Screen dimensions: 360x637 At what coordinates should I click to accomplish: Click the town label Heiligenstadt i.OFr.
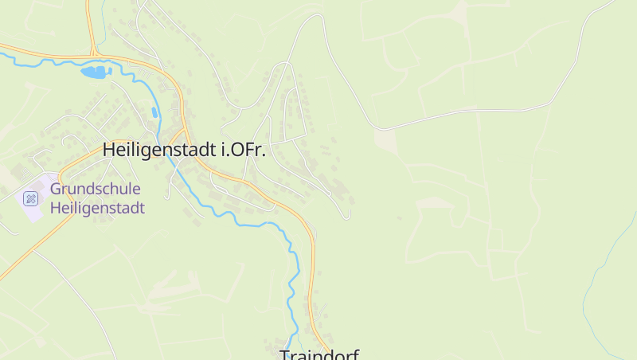tap(184, 150)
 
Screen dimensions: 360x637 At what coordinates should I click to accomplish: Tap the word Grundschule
tap(95, 190)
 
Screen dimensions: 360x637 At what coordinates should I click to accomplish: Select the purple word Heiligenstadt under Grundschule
tap(96, 209)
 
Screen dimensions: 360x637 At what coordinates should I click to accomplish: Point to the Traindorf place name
tap(319, 354)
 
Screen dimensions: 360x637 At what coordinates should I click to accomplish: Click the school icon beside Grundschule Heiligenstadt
tap(30, 198)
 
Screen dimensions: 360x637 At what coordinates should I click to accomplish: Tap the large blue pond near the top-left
tap(95, 72)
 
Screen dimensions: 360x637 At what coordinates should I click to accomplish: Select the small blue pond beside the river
tap(154, 112)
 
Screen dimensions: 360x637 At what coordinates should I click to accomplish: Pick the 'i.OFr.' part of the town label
tap(242, 150)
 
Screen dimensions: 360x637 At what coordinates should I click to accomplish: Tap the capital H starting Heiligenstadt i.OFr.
tap(109, 150)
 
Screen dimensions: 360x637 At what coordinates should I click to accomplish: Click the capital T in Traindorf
tap(285, 355)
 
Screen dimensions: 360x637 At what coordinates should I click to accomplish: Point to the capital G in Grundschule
tap(56, 190)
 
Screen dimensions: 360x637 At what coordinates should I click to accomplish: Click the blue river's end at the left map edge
tap(3, 54)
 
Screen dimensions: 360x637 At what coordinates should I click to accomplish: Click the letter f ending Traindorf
tap(356, 354)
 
